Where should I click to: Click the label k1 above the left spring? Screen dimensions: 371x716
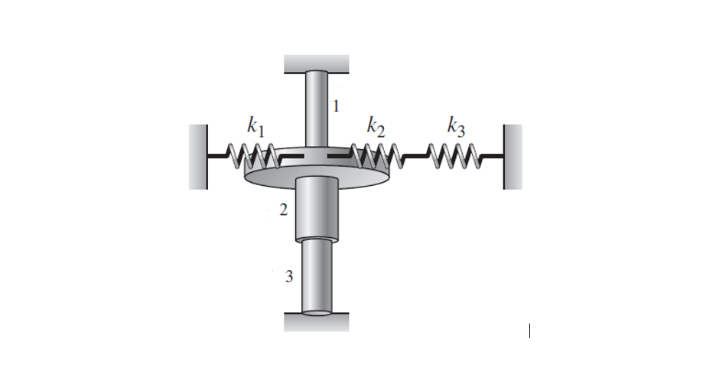pos(256,128)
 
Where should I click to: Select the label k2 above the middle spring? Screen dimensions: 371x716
pos(375,127)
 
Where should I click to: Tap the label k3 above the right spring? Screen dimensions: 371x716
pos(456,128)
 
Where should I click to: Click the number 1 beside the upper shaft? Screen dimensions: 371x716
pos(335,106)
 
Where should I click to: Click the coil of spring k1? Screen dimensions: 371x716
pos(253,156)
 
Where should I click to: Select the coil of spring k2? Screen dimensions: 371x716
pos(373,156)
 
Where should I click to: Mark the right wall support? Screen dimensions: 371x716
pos(513,157)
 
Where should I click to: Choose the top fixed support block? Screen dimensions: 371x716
pos(317,64)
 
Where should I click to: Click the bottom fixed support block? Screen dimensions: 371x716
pos(317,322)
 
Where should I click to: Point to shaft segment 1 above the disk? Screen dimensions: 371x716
pos(317,107)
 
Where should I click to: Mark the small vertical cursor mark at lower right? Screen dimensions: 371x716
pos(529,331)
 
